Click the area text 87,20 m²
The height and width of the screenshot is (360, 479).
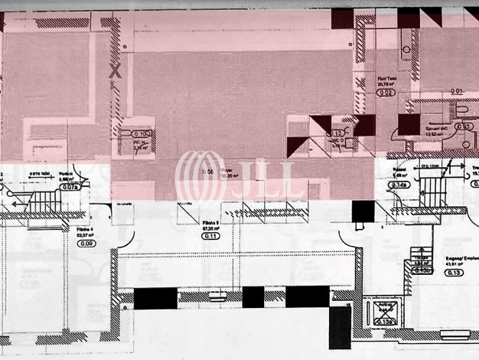click(210, 227)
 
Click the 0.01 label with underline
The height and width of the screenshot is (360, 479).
click(458, 91)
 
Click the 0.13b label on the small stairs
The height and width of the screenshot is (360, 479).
click(420, 270)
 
